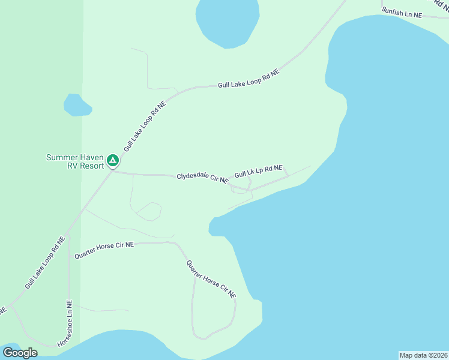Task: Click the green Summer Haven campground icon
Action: tap(112, 161)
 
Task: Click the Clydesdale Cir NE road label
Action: tap(202, 178)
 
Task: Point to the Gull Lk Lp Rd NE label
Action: tap(258, 172)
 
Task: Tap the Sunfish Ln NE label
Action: tap(402, 13)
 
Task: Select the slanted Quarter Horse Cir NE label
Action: tap(211, 279)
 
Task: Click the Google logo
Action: tap(20, 353)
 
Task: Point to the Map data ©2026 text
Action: tap(423, 355)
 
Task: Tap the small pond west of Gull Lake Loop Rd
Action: tap(77, 106)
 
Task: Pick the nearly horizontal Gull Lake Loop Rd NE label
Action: tap(249, 80)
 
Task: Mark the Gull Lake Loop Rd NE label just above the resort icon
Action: tap(144, 126)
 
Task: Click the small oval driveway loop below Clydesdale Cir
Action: tap(149, 211)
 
